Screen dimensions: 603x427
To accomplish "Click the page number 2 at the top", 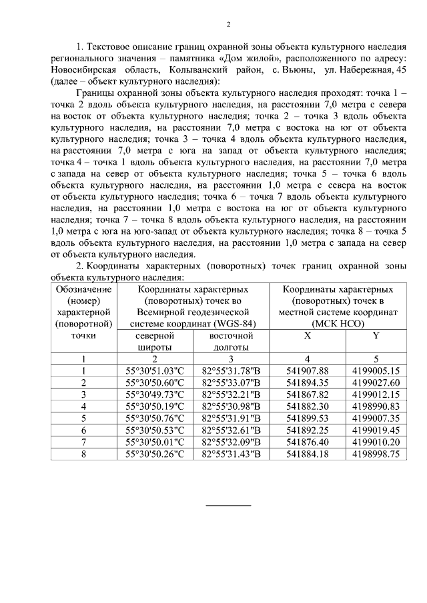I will point(228,25).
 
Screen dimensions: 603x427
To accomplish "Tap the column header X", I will point(307,336).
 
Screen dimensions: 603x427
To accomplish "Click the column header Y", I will point(376,336).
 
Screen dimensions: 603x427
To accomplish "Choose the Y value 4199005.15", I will point(376,370).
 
